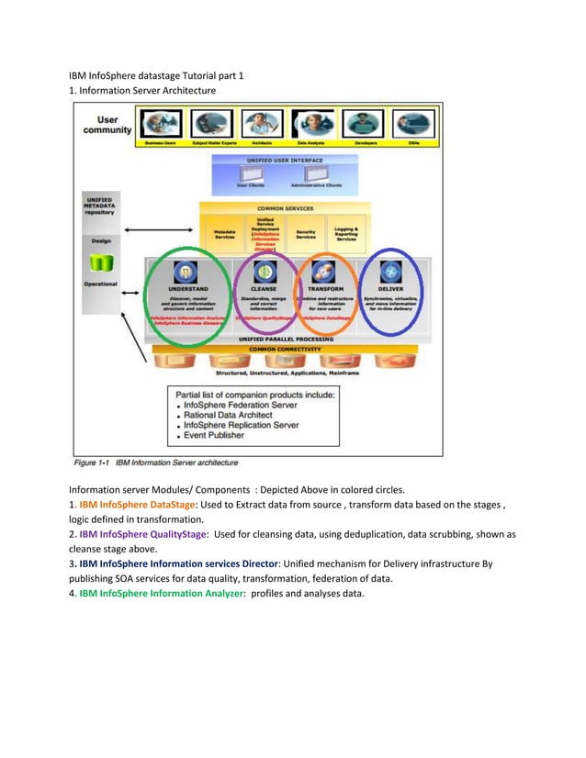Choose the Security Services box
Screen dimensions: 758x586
coord(306,235)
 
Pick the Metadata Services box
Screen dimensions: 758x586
coord(224,235)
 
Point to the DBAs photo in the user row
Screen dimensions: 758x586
coord(413,124)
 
